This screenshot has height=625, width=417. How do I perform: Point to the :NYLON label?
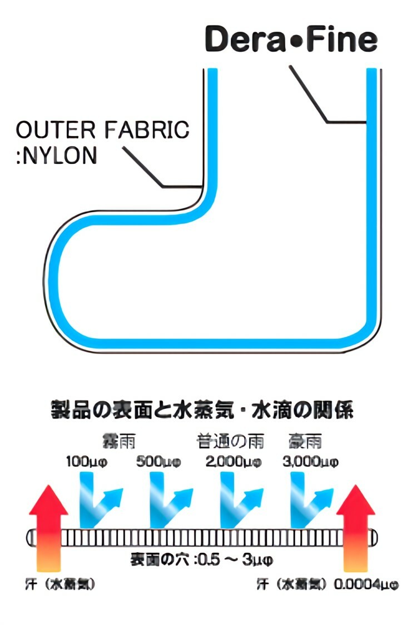pyautogui.click(x=56, y=156)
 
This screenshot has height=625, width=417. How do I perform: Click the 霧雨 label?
pyautogui.click(x=118, y=442)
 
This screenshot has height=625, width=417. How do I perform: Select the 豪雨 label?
pyautogui.click(x=305, y=442)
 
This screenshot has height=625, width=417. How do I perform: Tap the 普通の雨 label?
pyautogui.click(x=230, y=442)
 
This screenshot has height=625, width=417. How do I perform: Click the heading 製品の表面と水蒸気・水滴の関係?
pyautogui.click(x=209, y=412)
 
